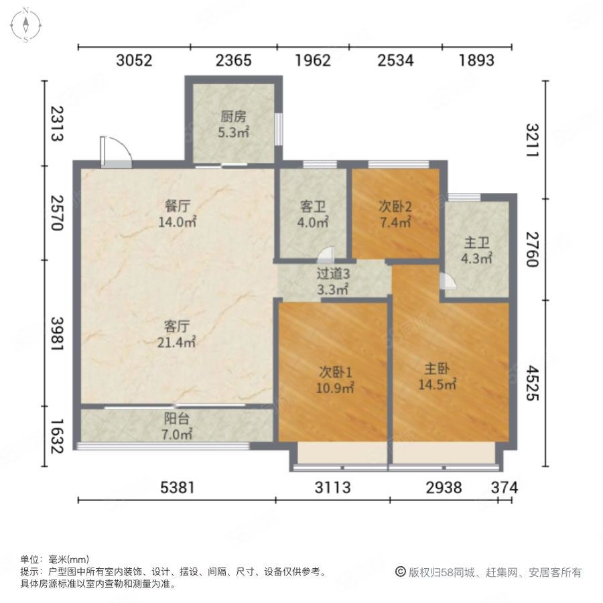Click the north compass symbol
tap(25, 25)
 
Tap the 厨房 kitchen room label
tap(233, 124)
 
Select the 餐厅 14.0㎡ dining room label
tap(178, 214)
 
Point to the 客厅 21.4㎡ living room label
tap(176, 334)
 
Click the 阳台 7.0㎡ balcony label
tap(176, 426)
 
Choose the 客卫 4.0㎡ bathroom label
tap(313, 214)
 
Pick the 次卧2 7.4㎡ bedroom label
tap(395, 214)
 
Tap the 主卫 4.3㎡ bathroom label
tap(476, 251)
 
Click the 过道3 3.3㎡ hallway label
tap(333, 281)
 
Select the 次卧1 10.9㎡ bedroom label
tap(335, 380)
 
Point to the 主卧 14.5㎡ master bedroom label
tap(438, 377)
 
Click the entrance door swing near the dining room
tap(116, 152)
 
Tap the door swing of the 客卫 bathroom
tap(326, 254)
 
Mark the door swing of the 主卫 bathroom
tap(448, 281)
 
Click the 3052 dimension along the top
tap(134, 60)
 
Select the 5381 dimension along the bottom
tap(178, 488)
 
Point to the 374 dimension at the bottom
tap(505, 488)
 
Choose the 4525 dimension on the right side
tap(532, 383)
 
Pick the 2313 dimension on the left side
tap(57, 124)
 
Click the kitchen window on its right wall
tap(279, 129)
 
